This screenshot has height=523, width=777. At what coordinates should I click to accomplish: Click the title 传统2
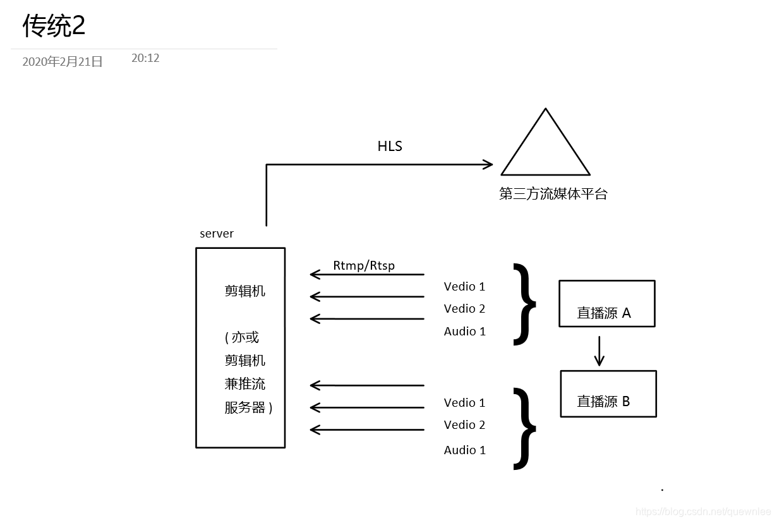(54, 26)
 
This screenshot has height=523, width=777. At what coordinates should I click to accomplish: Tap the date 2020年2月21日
(63, 62)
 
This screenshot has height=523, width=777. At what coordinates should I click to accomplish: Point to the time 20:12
(145, 58)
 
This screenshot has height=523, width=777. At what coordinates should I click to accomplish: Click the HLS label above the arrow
(390, 147)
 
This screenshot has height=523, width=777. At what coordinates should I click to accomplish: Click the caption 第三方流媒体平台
(553, 194)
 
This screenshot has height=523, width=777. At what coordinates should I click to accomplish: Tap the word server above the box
(217, 234)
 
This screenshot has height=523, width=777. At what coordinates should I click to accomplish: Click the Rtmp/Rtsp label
(364, 265)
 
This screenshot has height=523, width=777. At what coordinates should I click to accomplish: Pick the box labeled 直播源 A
(606, 304)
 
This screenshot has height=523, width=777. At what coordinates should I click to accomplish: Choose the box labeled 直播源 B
(608, 394)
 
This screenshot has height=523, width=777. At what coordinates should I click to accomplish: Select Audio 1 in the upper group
(464, 332)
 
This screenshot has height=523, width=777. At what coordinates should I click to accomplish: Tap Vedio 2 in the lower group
(464, 425)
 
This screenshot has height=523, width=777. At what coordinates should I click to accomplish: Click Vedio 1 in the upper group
(464, 287)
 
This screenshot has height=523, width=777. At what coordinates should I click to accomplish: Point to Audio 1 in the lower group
(464, 450)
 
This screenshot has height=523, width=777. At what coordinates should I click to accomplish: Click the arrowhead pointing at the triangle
(487, 165)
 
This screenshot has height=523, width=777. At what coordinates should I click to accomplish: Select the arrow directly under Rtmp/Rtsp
(367, 275)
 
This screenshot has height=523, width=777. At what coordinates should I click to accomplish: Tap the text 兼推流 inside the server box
(245, 384)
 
